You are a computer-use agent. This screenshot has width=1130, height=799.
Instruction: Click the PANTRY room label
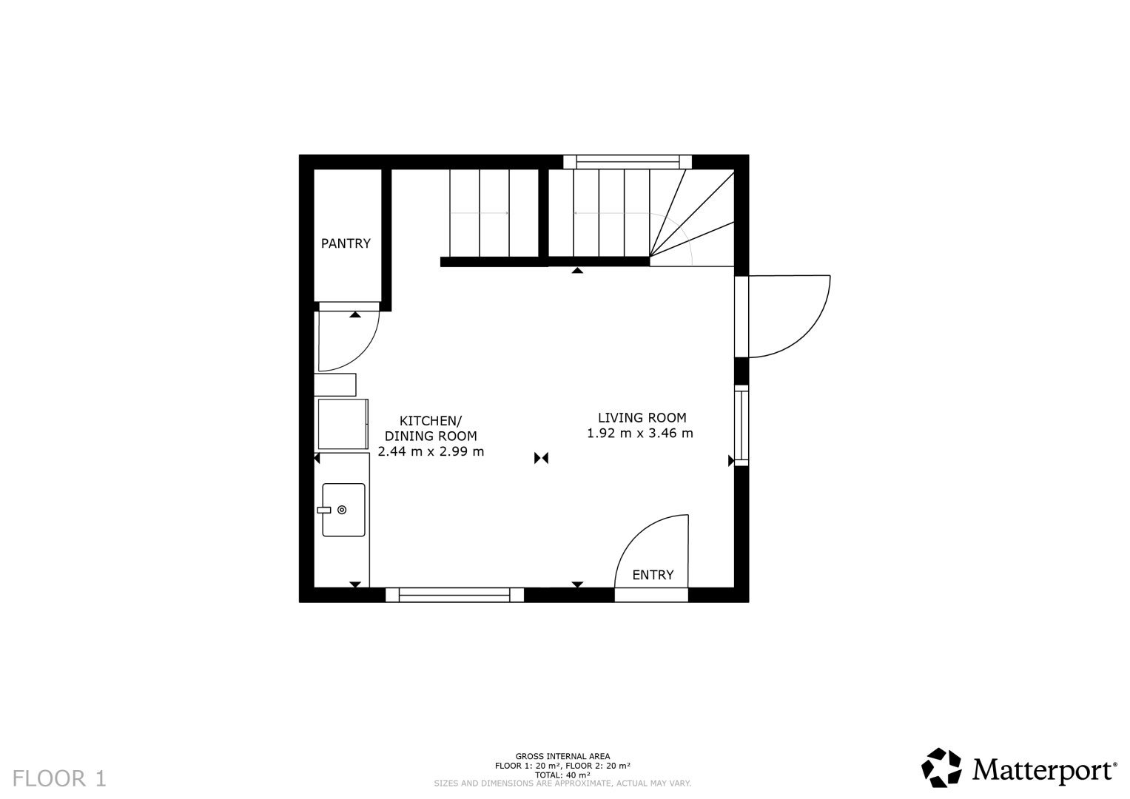[346, 243]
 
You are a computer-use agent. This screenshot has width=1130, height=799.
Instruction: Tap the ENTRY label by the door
[653, 575]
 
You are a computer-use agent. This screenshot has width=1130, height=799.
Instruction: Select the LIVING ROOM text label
[642, 418]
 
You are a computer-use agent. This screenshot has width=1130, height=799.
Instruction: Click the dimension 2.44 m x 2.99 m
[431, 451]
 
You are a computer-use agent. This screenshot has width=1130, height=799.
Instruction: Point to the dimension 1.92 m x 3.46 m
[639, 434]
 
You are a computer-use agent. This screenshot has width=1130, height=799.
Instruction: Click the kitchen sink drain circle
[342, 510]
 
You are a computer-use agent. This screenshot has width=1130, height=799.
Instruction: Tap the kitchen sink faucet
[324, 510]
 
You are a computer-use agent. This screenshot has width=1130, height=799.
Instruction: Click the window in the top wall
[627, 162]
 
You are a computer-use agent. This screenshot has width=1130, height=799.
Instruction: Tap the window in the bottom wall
[454, 595]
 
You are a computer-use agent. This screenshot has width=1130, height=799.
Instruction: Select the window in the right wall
[741, 425]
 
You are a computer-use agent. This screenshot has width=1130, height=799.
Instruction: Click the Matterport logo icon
[941, 768]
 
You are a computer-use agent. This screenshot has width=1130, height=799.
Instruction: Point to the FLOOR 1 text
[59, 778]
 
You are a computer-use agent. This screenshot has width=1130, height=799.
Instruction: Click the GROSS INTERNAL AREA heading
[562, 756]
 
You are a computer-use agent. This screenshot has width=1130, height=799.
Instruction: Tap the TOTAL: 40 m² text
[562, 775]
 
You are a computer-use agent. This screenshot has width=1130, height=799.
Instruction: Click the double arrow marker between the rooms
[541, 458]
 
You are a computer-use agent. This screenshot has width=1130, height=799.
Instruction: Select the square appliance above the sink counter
[342, 424]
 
